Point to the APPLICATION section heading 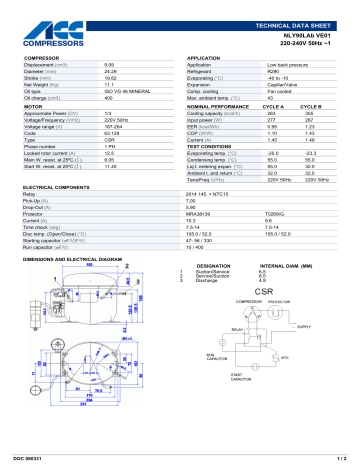pyautogui.click(x=205, y=59)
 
